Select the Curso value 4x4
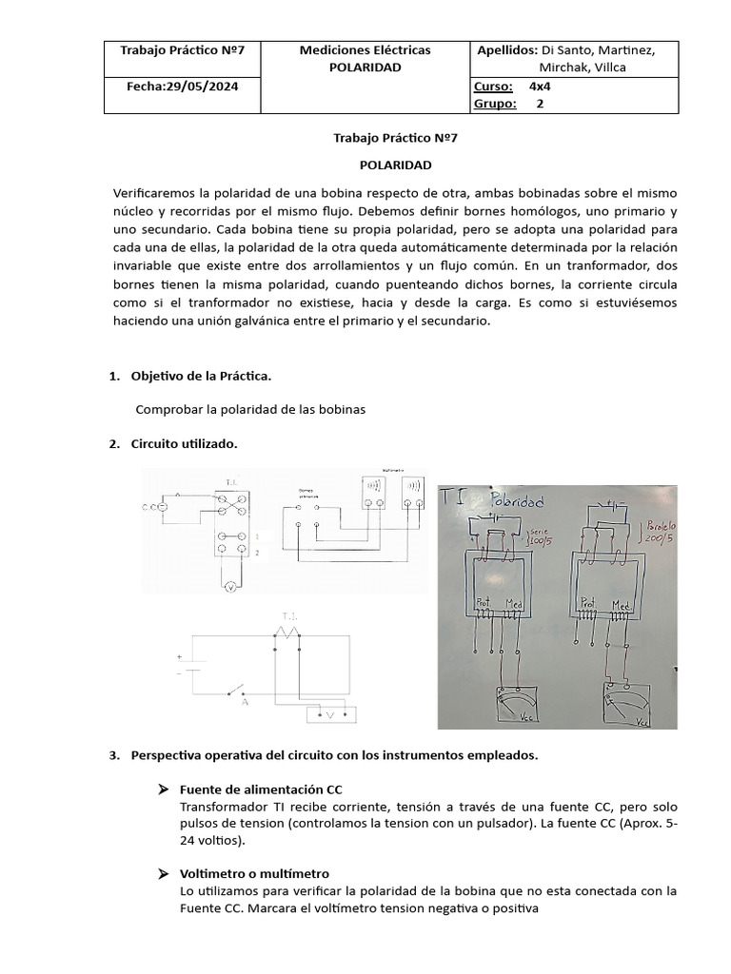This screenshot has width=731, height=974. point(540,86)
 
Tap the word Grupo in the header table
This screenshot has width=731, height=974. point(493,104)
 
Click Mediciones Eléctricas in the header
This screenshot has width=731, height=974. point(365,49)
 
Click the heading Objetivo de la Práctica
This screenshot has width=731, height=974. point(201,376)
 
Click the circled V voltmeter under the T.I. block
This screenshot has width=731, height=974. point(229,589)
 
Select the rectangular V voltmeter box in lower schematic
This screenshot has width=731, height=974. point(326,713)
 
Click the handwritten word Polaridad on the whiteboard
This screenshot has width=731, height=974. point(514,500)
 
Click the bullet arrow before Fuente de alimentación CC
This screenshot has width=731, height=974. point(162,790)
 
